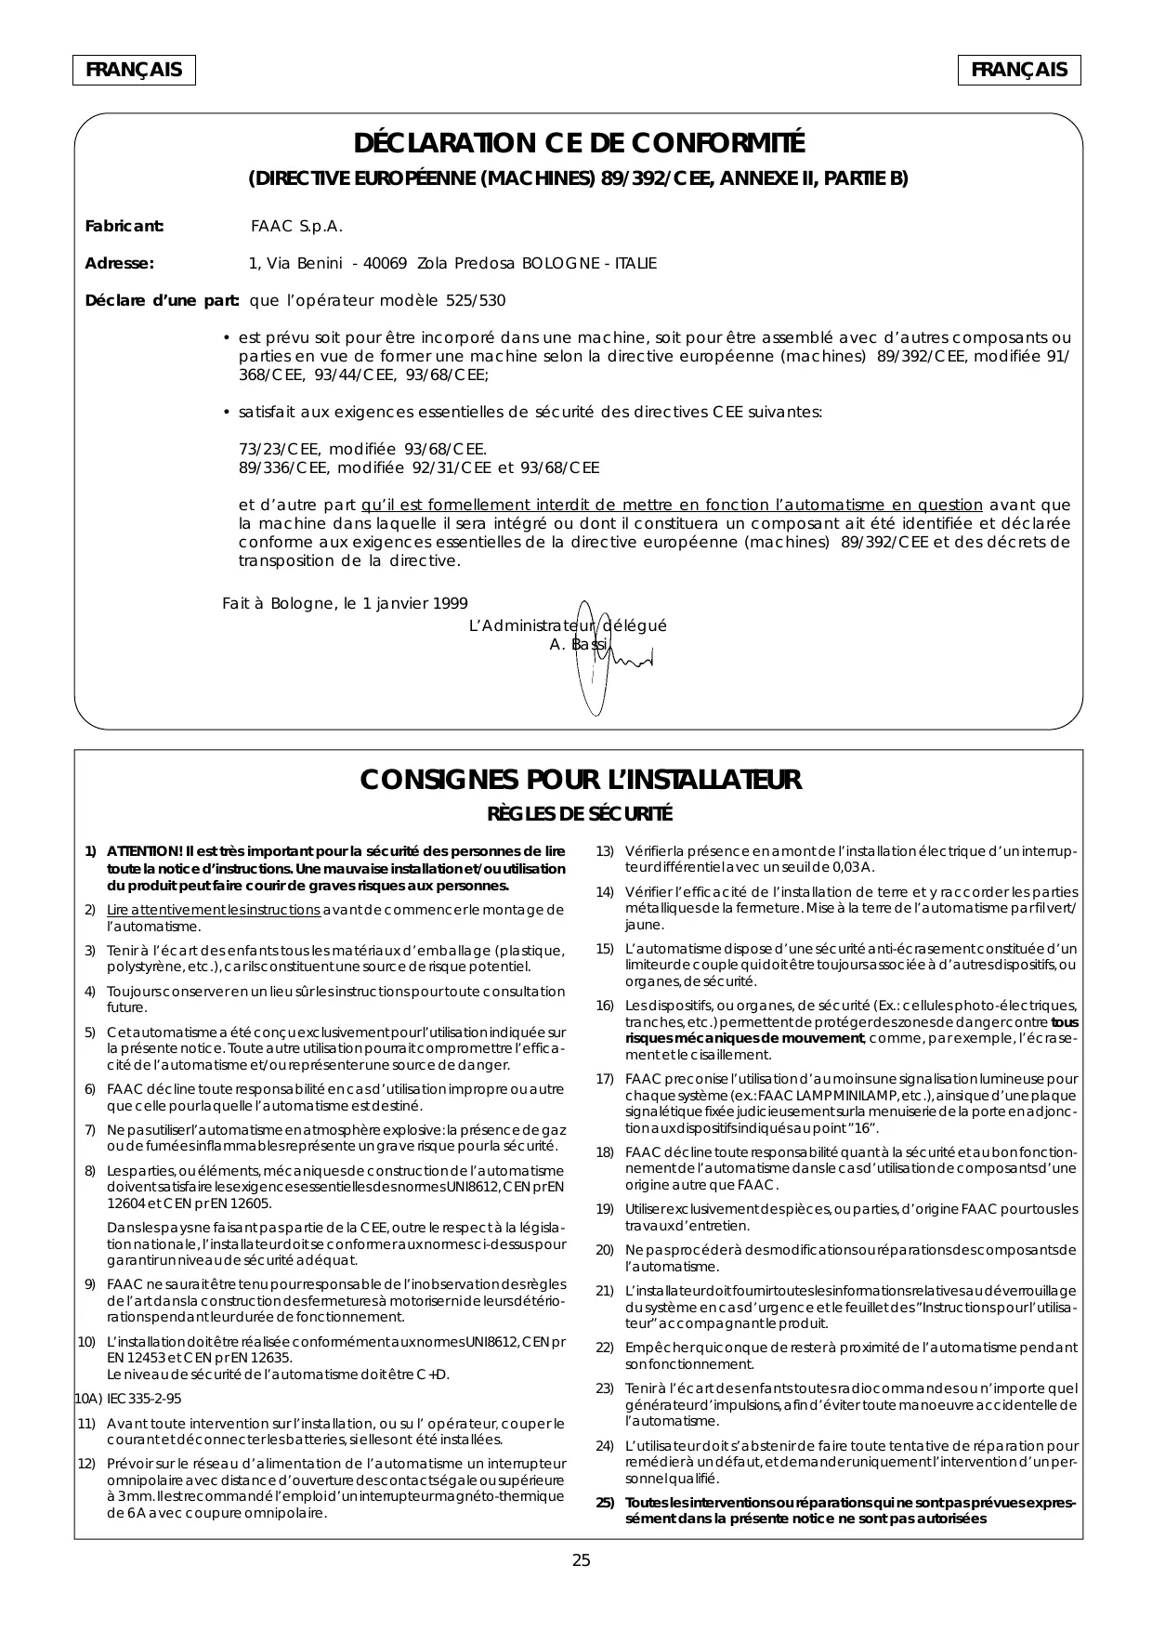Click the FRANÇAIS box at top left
(134, 71)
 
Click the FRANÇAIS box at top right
(1019, 71)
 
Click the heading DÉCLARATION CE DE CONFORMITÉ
(579, 144)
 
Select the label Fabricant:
(124, 227)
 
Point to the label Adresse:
(119, 264)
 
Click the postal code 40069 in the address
(385, 264)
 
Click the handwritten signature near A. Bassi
(613, 656)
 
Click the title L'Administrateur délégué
(568, 625)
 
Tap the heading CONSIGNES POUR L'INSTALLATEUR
(581, 780)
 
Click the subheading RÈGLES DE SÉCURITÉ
(580, 815)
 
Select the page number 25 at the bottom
(581, 1560)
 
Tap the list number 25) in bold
(605, 1504)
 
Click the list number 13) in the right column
(605, 851)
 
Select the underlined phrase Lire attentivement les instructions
(213, 909)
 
